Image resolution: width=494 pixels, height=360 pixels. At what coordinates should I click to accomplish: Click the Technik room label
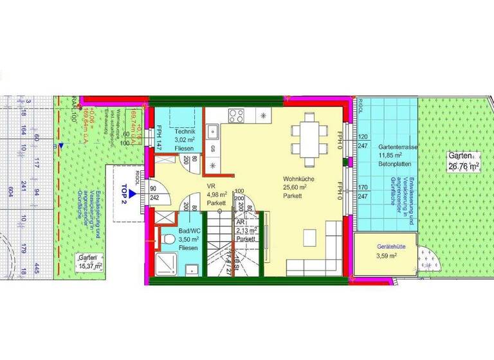coord(185,132)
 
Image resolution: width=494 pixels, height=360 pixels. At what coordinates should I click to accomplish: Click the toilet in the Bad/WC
coord(169,239)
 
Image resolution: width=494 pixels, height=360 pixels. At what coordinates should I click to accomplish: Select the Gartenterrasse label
coord(399,147)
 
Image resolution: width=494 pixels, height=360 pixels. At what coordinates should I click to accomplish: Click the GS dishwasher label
coord(213,148)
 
